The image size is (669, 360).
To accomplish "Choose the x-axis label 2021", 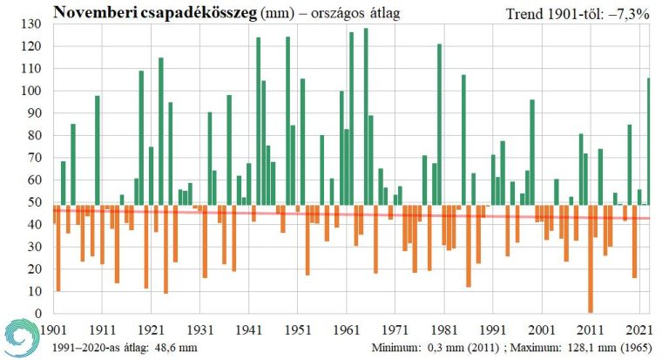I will (640, 329).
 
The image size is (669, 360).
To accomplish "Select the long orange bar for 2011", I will (591, 262).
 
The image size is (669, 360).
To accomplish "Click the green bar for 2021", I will (648, 144).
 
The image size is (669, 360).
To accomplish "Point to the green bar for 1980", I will (439, 126).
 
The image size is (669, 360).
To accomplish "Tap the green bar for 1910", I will (97, 153).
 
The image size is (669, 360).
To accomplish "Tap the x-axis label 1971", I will (396, 329).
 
